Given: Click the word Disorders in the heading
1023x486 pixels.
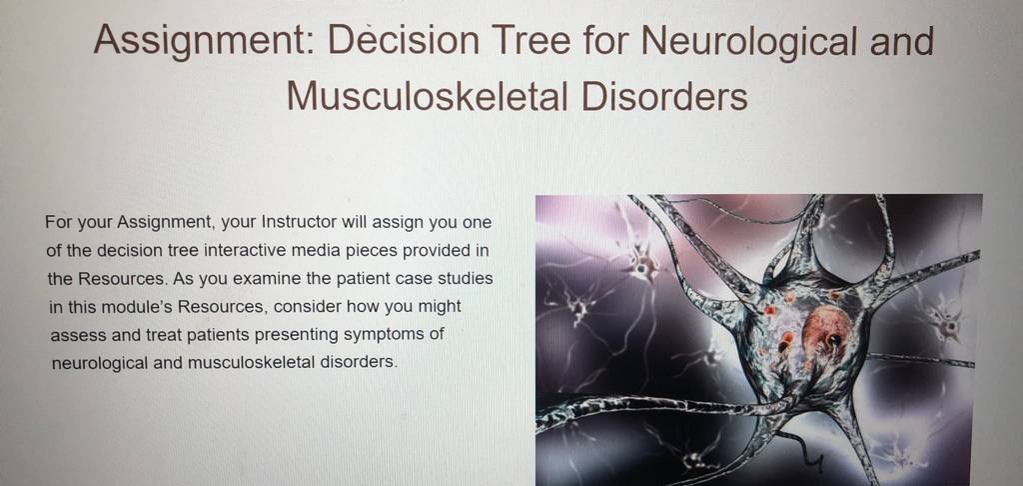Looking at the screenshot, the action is pos(663,96).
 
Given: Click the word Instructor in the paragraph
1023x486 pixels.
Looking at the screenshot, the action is pos(299,222).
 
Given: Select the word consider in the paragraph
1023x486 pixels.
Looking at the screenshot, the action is pos(306,307).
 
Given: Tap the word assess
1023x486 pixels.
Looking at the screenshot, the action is pos(73,336).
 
